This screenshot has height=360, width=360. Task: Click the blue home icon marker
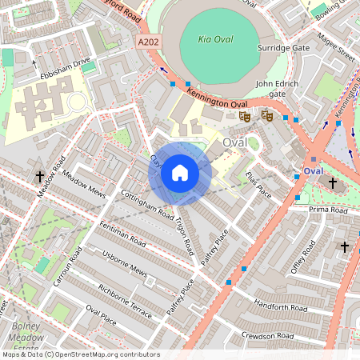pos(180,173)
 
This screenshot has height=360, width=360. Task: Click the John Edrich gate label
pos(270,88)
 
